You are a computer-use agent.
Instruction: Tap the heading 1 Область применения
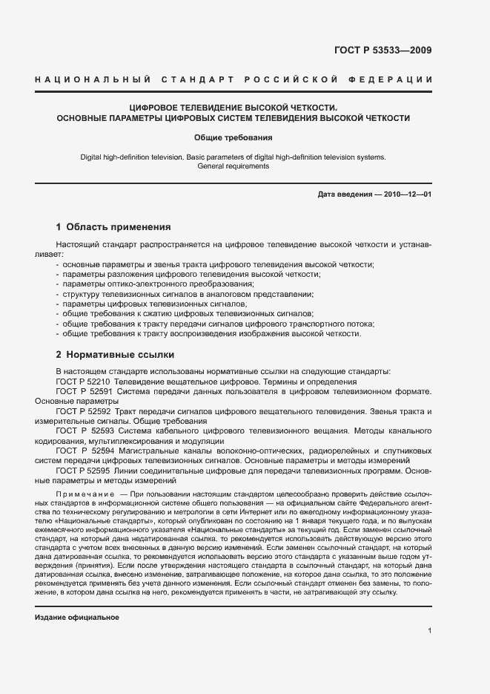click(x=114, y=227)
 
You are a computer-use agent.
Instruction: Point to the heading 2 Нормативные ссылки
click(x=115, y=354)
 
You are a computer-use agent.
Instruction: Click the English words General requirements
click(x=234, y=166)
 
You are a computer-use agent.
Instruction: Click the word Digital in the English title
click(x=92, y=157)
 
